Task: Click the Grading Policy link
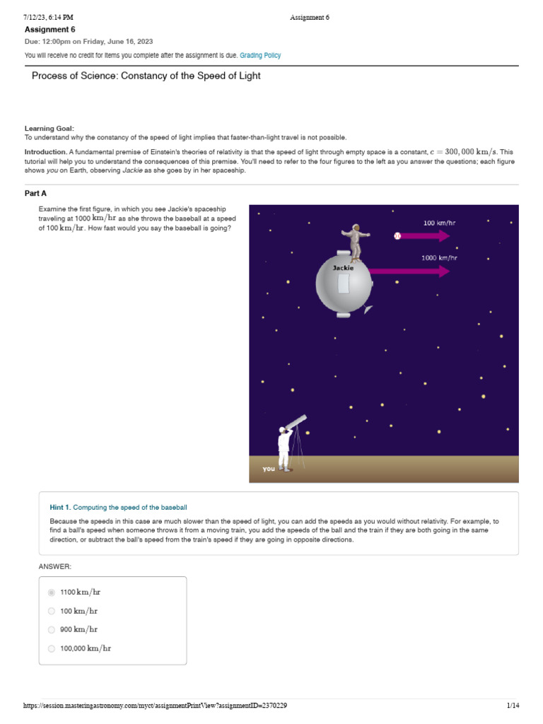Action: pyautogui.click(x=260, y=55)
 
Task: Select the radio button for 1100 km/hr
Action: pyautogui.click(x=52, y=592)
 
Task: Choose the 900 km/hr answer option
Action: pyautogui.click(x=52, y=629)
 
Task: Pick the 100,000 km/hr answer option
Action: pyautogui.click(x=52, y=648)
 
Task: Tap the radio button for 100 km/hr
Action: pyautogui.click(x=52, y=611)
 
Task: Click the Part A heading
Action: pyautogui.click(x=36, y=193)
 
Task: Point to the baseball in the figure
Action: pyautogui.click(x=397, y=236)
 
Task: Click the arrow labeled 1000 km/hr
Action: pyautogui.click(x=410, y=270)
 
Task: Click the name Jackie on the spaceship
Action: pyautogui.click(x=343, y=268)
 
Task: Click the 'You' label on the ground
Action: pyautogui.click(x=269, y=468)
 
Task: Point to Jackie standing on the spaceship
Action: pyautogui.click(x=355, y=243)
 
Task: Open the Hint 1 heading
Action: pyautogui.click(x=118, y=507)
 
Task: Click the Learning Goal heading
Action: pyautogui.click(x=49, y=128)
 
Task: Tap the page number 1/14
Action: pyautogui.click(x=513, y=706)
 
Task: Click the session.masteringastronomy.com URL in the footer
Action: pyautogui.click(x=155, y=706)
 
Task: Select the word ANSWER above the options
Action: pyautogui.click(x=55, y=566)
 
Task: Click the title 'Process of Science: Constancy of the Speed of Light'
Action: pyautogui.click(x=146, y=76)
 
